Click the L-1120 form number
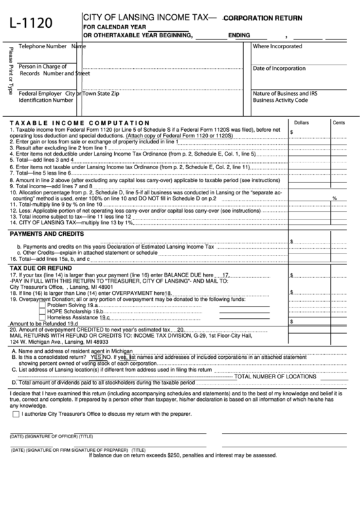click(31, 24)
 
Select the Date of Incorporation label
click(279, 69)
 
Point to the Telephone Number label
click(43, 46)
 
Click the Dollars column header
click(300, 122)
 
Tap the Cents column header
click(338, 122)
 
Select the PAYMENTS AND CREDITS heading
click(46, 234)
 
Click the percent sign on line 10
click(334, 198)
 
